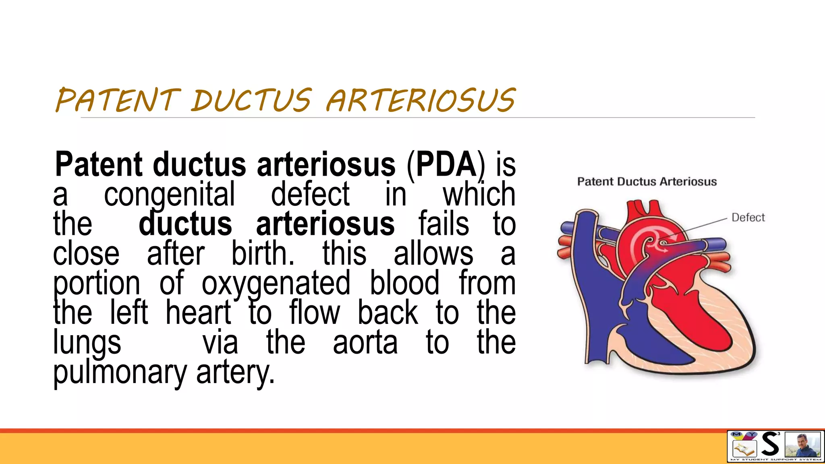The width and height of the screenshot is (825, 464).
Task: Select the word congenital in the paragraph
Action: tap(169, 195)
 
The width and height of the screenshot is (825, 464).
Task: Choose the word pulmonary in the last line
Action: tap(120, 372)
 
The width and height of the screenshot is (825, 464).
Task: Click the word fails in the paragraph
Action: tap(444, 224)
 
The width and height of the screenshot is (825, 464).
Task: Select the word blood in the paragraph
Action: tap(404, 284)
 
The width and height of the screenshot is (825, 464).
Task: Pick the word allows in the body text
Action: tap(433, 254)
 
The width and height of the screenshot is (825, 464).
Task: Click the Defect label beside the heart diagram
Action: tap(748, 217)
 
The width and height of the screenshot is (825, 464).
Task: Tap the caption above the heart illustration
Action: tap(647, 182)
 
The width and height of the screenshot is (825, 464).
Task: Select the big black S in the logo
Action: tap(770, 444)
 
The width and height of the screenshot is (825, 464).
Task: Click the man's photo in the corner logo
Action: tap(802, 445)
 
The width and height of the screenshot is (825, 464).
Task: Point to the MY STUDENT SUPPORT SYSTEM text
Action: tap(775, 460)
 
